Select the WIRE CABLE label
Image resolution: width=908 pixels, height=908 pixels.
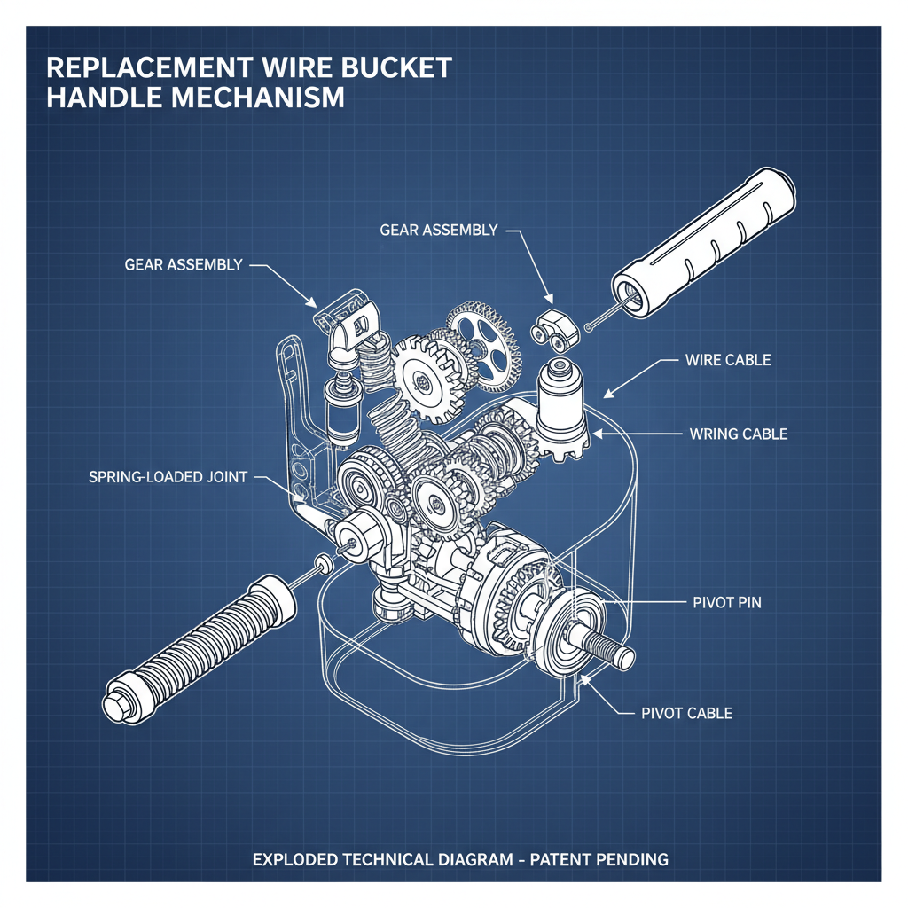(x=728, y=361)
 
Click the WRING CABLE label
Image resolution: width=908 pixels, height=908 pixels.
(x=738, y=434)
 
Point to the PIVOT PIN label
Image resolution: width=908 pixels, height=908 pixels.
(x=725, y=603)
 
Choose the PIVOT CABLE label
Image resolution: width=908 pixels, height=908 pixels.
(x=686, y=713)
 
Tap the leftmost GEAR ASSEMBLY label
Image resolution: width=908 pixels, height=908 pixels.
(x=183, y=264)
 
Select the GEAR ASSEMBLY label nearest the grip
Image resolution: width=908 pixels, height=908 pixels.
(x=438, y=230)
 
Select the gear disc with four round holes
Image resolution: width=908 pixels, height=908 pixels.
(x=483, y=338)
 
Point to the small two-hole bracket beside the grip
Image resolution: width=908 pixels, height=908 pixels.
(x=553, y=333)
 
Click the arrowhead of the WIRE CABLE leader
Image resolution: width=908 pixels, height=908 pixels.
(x=607, y=393)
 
